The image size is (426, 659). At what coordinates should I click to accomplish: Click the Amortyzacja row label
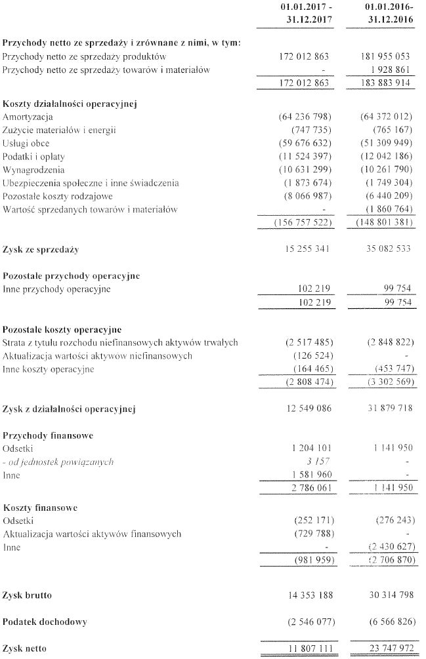28,117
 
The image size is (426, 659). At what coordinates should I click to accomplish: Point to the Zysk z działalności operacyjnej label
69,409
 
